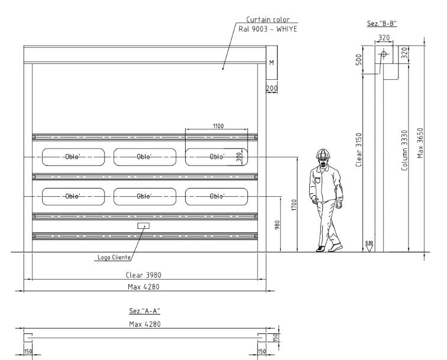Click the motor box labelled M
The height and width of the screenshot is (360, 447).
(271, 63)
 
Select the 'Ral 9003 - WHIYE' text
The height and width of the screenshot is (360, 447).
(268, 29)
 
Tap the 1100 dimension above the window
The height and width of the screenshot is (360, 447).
(218, 126)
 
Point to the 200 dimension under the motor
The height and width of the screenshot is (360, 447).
(271, 88)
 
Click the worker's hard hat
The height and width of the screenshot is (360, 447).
(324, 153)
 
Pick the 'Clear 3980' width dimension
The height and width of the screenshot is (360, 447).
(144, 275)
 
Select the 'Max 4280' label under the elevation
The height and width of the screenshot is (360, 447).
(144, 287)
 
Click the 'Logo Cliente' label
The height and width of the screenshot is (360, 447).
(114, 257)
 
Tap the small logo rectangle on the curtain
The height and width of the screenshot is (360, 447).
(144, 226)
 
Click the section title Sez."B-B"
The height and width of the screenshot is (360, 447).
(382, 24)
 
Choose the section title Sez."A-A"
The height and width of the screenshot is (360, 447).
(144, 311)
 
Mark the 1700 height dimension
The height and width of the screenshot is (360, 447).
(294, 205)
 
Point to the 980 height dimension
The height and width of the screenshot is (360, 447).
(277, 225)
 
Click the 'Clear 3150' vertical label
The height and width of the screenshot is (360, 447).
(359, 150)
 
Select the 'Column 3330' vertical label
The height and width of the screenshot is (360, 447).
(404, 151)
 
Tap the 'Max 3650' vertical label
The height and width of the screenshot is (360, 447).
(420, 143)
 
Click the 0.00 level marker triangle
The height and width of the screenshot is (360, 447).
(369, 248)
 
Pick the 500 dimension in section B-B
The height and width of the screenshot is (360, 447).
(359, 60)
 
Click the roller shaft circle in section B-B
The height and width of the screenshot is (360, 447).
(383, 54)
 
